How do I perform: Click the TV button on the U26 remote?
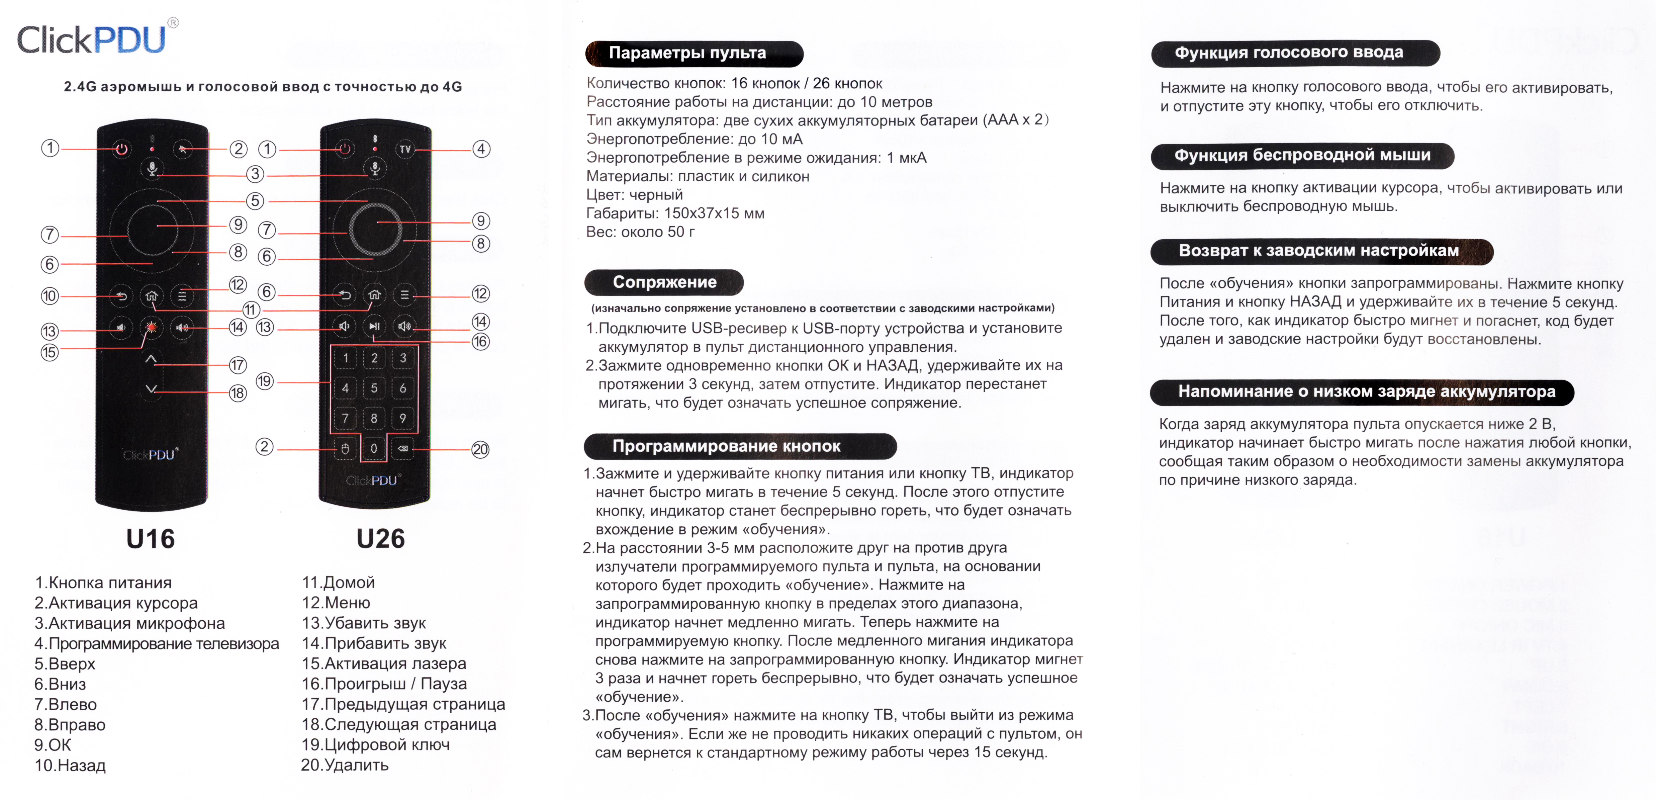click(x=405, y=149)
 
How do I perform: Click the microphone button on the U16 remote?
click(x=152, y=169)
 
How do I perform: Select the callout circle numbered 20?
click(x=480, y=449)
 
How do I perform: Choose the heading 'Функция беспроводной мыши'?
click(x=1302, y=156)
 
